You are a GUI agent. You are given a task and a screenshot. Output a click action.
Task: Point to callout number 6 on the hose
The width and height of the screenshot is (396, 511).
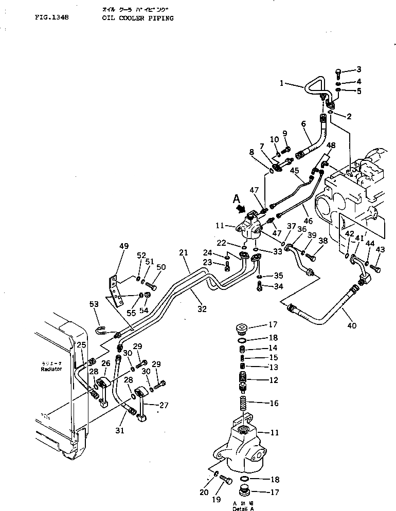pos(303,124)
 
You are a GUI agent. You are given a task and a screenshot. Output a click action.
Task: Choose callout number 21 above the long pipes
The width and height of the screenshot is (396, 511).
pos(184,252)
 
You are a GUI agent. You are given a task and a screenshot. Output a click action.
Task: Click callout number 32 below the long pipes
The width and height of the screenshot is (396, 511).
pos(202,309)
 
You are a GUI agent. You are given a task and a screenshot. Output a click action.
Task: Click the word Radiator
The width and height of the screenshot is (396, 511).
pos(52,369)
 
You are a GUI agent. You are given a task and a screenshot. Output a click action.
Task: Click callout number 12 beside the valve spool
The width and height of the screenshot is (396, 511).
pos(274,380)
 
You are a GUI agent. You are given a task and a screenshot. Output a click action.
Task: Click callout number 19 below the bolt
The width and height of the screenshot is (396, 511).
pos(216,499)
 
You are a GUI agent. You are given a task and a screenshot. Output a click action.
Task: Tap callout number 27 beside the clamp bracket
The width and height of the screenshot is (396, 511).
pos(164,405)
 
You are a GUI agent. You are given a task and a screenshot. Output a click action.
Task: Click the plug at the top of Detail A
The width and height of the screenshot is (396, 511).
pos(240,327)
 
